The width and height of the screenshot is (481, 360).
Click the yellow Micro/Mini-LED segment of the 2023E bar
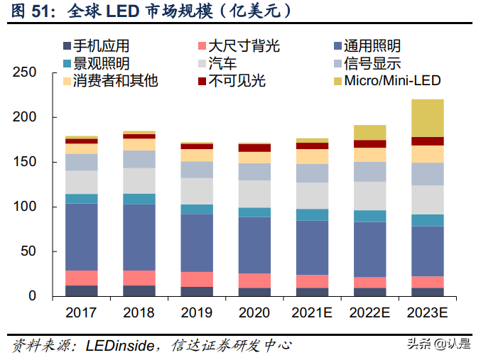pos(427,118)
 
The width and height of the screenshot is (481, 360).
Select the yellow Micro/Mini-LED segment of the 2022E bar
pos(369,132)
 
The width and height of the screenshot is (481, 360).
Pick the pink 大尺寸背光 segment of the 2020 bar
pos(254,280)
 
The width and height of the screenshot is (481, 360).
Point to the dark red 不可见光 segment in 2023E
pos(427,141)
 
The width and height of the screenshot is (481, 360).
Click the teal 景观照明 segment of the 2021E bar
pos(312,214)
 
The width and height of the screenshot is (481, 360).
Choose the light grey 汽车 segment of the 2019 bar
pos(196,191)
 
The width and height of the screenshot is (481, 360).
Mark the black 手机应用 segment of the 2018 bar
pos(139,290)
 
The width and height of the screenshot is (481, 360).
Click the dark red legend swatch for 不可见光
pos(202,81)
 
